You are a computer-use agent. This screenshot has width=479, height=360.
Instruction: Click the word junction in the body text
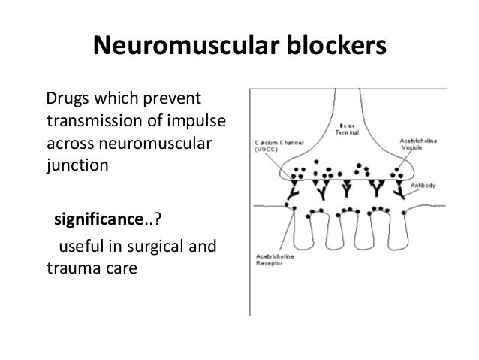(x=78, y=163)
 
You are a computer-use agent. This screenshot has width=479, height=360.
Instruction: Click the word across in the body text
(x=69, y=142)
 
